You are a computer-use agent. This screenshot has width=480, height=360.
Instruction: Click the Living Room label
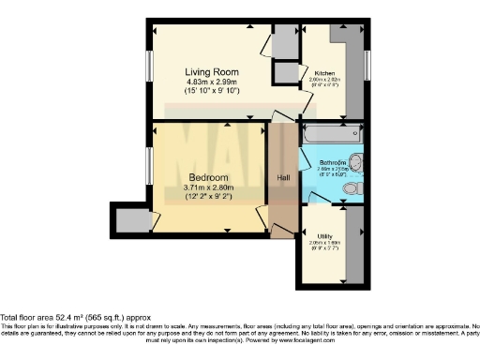[211, 72]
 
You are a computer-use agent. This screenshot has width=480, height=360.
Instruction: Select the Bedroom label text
[208, 178]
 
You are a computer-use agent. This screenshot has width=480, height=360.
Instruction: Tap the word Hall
[283, 178]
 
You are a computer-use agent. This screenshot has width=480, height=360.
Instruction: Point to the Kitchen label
[324, 72]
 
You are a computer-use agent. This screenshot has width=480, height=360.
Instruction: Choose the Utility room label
[326, 236]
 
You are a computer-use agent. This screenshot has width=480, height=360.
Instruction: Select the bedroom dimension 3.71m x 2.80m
[208, 187]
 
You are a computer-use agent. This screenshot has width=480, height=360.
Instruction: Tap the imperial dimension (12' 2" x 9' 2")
[208, 197]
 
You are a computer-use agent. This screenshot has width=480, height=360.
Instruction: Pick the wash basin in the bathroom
[357, 160]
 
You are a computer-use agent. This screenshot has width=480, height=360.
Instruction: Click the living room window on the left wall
[149, 70]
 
